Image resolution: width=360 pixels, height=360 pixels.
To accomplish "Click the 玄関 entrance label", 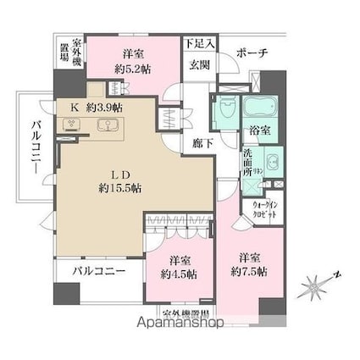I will point(199,64).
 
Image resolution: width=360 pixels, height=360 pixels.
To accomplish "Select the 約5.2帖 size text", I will point(134,68).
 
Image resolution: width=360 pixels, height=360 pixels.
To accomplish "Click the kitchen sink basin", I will point(108,125).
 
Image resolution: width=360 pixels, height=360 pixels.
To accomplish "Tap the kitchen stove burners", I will point(69,125).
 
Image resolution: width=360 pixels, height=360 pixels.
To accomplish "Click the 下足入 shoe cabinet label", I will point(201,42).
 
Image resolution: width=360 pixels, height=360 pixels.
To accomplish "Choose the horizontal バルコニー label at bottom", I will point(98,273).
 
